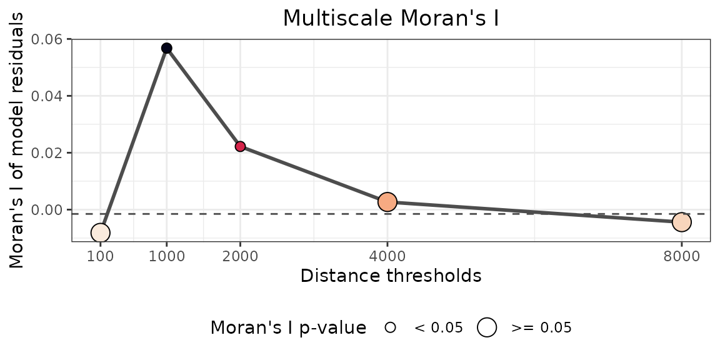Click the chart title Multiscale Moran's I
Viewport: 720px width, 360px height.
pyautogui.click(x=391, y=17)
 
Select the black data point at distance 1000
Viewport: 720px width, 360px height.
pyautogui.click(x=166, y=48)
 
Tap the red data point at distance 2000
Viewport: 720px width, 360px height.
pyautogui.click(x=240, y=146)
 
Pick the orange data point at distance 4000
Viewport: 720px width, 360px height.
pyautogui.click(x=387, y=202)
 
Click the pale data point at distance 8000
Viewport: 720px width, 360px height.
pyautogui.click(x=682, y=222)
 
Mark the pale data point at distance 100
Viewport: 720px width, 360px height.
pyautogui.click(x=101, y=233)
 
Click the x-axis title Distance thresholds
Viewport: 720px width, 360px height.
pyautogui.click(x=391, y=276)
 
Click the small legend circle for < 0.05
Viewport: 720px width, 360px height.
pyautogui.click(x=391, y=327)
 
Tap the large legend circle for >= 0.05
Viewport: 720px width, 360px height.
pyautogui.click(x=487, y=327)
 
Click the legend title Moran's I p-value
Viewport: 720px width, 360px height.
pyautogui.click(x=288, y=327)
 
